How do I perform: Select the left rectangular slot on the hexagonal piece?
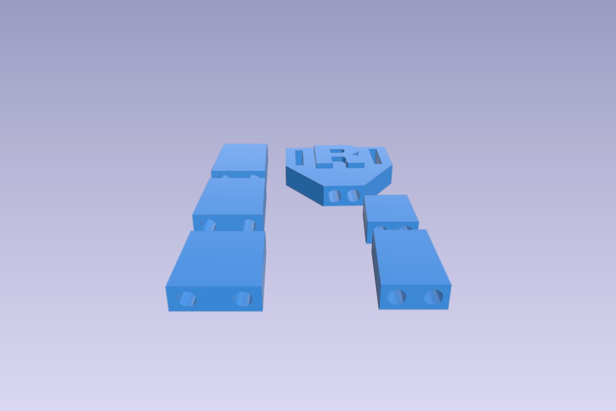pos(299,158)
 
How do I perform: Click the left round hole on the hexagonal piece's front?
pos(334,196)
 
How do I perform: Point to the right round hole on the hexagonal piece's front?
pos(354,195)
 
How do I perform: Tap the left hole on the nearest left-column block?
pos(187,299)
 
